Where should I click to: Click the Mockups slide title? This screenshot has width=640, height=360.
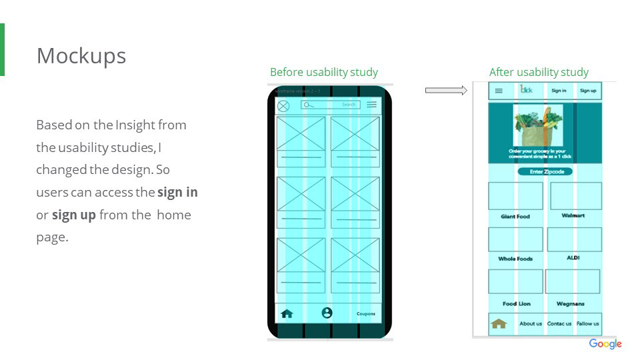click(x=81, y=56)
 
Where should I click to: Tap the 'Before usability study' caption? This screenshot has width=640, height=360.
click(x=324, y=72)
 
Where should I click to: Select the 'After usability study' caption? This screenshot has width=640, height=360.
click(x=539, y=72)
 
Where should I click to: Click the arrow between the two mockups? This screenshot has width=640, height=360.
click(x=446, y=90)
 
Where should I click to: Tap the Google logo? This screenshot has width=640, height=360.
click(x=605, y=344)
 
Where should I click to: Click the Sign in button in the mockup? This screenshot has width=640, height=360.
click(x=559, y=91)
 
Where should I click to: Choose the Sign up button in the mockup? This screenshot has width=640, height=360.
click(x=588, y=91)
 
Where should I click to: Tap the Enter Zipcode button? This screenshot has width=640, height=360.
click(x=545, y=171)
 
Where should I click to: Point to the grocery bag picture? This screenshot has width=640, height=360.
click(x=538, y=126)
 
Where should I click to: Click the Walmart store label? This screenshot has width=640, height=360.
click(x=573, y=215)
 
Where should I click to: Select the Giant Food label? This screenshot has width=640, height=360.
click(x=515, y=217)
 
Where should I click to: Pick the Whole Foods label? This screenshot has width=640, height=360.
click(x=515, y=259)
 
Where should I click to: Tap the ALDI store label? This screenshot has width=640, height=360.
click(x=573, y=257)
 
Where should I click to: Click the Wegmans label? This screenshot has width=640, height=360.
click(x=571, y=303)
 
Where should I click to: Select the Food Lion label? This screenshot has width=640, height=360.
click(x=517, y=303)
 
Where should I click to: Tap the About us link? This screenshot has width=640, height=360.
click(x=531, y=323)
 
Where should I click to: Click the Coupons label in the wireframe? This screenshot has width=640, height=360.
click(x=365, y=313)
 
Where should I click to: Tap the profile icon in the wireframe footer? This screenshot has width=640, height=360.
click(x=327, y=313)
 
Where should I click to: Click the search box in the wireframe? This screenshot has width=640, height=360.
click(x=330, y=105)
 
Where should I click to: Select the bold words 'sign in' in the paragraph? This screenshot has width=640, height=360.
click(x=177, y=192)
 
